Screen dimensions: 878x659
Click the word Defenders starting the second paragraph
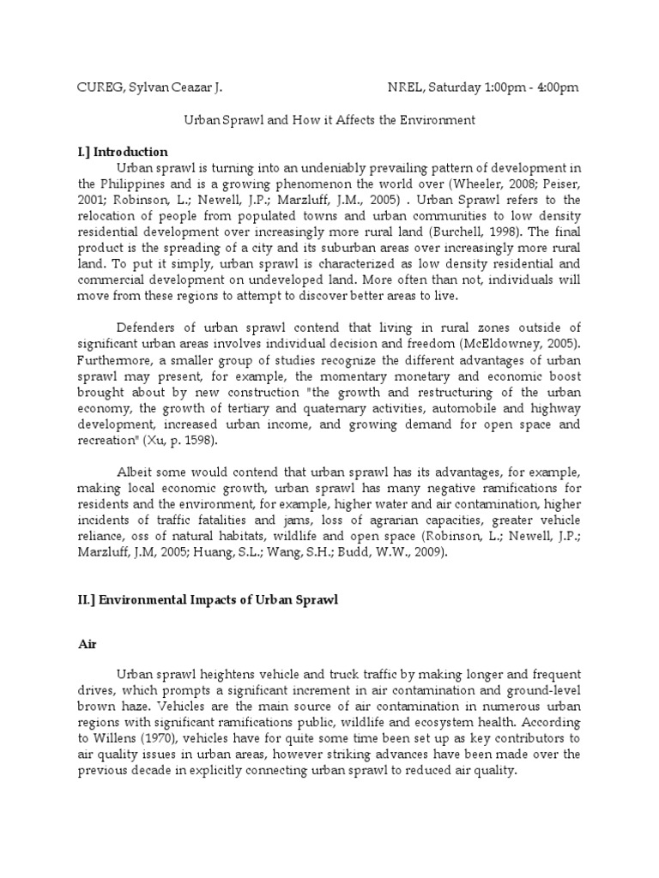pos(147,327)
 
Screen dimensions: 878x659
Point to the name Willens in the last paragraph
pos(136,738)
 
